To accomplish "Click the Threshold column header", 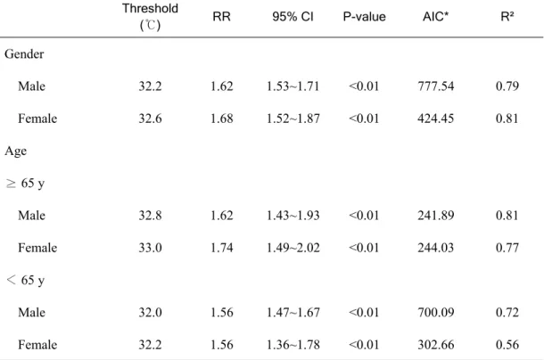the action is coord(150,17).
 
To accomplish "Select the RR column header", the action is coord(221,17).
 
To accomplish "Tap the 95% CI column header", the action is coord(293,17).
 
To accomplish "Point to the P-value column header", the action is coord(364,17).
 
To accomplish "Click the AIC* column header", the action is coord(435,17).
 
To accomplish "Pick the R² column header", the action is coord(507,16).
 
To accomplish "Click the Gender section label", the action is coord(24,54).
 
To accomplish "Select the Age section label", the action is coord(16,151).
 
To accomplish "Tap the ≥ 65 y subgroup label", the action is coord(25,184).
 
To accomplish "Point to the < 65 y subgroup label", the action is coord(25,280).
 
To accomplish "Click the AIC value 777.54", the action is coord(436,86).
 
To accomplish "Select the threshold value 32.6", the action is coord(150,119).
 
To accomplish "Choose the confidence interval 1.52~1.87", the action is coord(293,119).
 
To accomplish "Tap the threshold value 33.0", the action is coord(150,248).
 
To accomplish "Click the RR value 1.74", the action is coord(222,248).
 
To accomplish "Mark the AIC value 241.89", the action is coord(436,216).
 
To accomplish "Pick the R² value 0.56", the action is coord(507,345).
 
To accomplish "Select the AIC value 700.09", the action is coord(436,313).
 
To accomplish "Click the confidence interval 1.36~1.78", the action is coord(293,345).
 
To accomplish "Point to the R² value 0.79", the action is coord(507,86).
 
